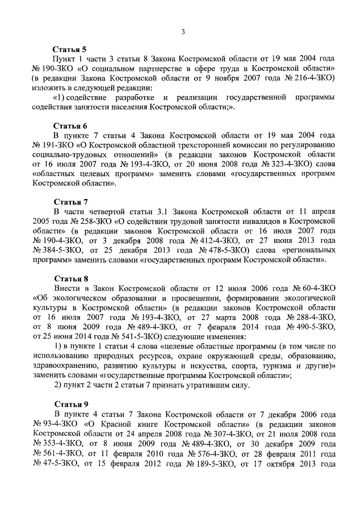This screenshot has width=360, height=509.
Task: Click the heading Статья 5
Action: tap(70, 49)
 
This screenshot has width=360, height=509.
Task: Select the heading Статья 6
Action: tap(70, 125)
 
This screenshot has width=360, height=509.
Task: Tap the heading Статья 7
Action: tap(70, 201)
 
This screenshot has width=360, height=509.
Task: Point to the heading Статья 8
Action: tap(70, 277)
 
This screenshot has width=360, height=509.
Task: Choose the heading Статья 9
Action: tap(70, 404)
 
